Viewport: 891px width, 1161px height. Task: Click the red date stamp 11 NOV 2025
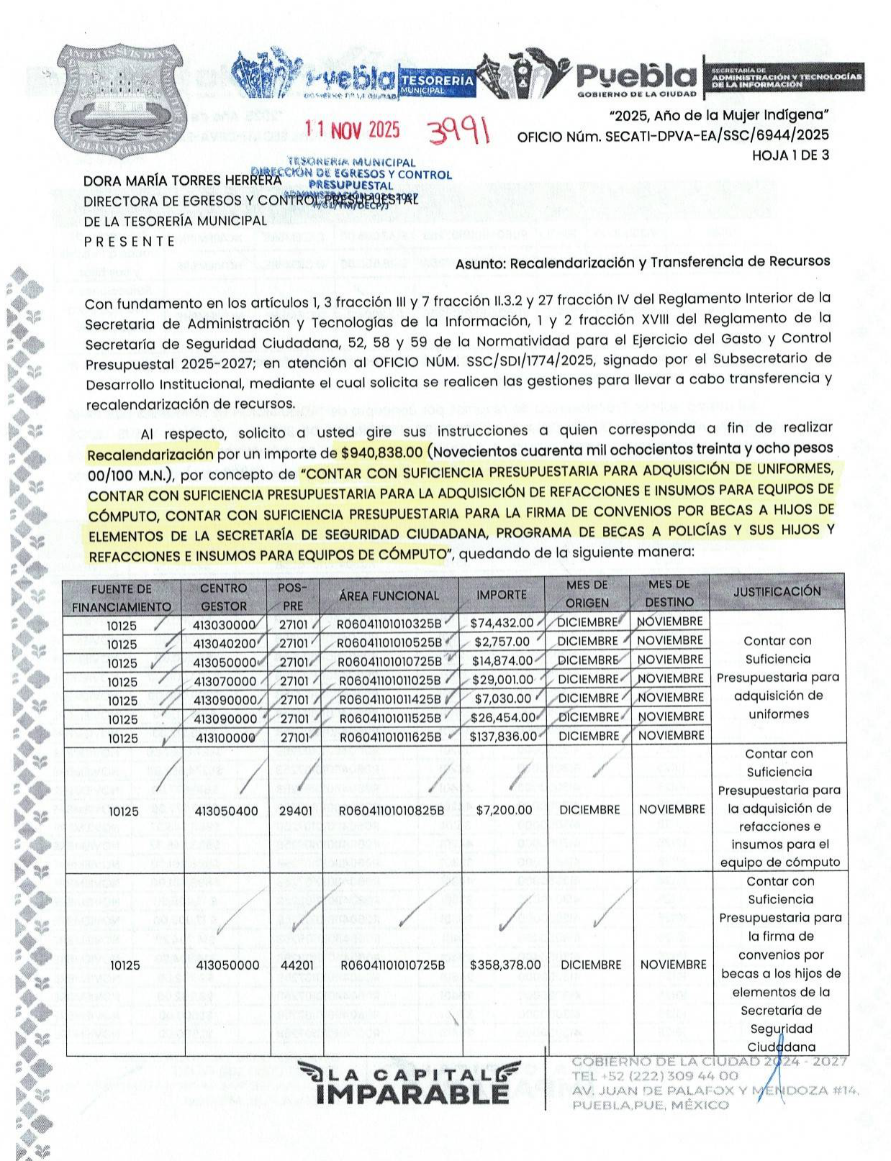pyautogui.click(x=352, y=129)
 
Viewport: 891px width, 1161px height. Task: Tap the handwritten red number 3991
pyautogui.click(x=458, y=132)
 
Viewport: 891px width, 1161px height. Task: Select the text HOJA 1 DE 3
pyautogui.click(x=790, y=155)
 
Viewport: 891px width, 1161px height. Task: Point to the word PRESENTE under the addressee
pyautogui.click(x=130, y=241)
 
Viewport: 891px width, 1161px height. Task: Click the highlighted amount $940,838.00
pyautogui.click(x=381, y=452)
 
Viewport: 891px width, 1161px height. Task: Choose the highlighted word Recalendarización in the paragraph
pyautogui.click(x=150, y=455)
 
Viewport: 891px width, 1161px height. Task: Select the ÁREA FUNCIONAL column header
pyautogui.click(x=389, y=596)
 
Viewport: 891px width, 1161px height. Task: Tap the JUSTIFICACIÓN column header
pyautogui.click(x=777, y=591)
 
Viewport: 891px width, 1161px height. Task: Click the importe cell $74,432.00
pyautogui.click(x=502, y=623)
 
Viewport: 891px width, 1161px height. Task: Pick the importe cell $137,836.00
pyautogui.click(x=503, y=737)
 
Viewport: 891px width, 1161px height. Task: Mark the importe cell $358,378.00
pyautogui.click(x=505, y=965)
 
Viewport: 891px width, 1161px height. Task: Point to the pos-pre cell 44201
pyautogui.click(x=297, y=965)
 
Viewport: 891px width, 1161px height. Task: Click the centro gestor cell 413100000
pyautogui.click(x=225, y=737)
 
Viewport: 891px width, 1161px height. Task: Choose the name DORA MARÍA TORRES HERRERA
pyautogui.click(x=182, y=181)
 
